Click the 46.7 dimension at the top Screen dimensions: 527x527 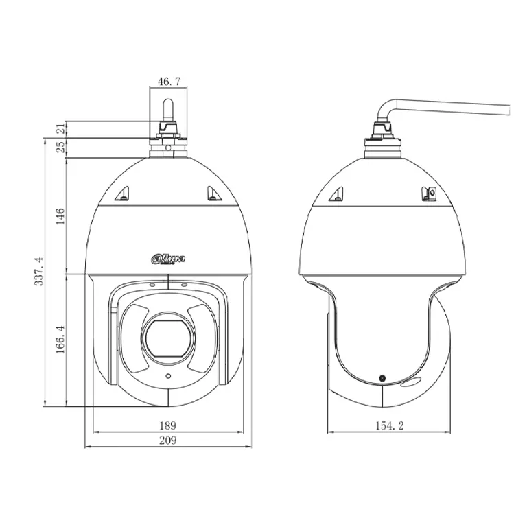[x=169, y=82]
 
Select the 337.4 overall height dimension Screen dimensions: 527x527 [x=39, y=271]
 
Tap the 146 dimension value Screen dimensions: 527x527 [x=60, y=216]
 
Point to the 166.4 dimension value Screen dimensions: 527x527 [x=60, y=339]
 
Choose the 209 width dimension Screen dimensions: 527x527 [x=168, y=441]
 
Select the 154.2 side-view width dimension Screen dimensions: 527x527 [x=390, y=426]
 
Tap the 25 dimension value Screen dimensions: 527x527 [x=60, y=147]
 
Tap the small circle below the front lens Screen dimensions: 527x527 [x=168, y=377]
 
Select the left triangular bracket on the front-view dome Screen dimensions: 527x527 [x=124, y=195]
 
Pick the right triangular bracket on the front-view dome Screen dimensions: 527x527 [x=213, y=195]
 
